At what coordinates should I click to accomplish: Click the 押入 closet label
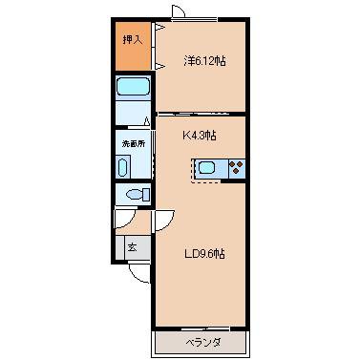click(133, 39)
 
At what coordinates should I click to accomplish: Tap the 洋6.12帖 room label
click(205, 61)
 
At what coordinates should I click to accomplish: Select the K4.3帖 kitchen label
click(200, 136)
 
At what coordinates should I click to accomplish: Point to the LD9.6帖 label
click(204, 254)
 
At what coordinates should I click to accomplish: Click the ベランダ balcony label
click(203, 343)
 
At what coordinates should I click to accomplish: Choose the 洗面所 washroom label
click(134, 143)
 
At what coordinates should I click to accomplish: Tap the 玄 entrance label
click(133, 247)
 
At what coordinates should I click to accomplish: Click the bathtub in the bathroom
click(133, 87)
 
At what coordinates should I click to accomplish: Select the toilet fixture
click(138, 194)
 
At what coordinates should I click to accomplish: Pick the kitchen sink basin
click(207, 167)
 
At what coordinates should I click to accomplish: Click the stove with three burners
click(237, 168)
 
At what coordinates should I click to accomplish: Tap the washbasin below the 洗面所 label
click(122, 168)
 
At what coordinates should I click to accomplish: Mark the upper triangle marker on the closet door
click(160, 28)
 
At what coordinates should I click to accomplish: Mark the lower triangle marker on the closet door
click(160, 66)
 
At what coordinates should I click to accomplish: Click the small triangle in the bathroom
click(147, 121)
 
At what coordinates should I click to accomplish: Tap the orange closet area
click(133, 46)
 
